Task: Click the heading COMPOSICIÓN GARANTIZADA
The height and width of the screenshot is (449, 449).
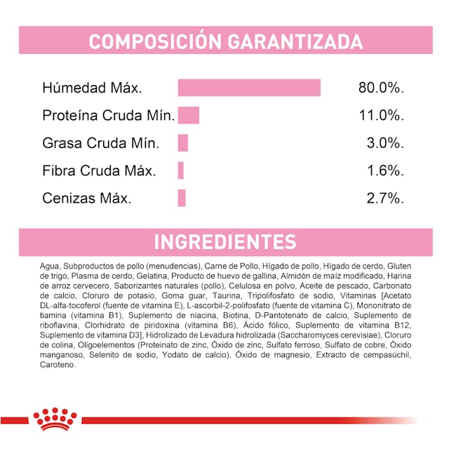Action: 224,41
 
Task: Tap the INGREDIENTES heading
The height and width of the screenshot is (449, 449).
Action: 224,242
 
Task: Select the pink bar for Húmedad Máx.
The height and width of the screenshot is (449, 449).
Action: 249,88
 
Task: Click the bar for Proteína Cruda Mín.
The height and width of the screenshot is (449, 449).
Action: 189,116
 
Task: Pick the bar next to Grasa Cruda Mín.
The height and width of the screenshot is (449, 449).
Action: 183,143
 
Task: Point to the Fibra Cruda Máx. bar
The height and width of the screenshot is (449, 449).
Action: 180,170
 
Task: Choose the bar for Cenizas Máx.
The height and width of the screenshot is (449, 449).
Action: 181,198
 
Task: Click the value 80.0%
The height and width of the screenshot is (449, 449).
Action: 382,89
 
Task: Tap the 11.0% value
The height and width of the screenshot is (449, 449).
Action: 382,116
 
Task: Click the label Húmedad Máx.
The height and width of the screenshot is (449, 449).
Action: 92,89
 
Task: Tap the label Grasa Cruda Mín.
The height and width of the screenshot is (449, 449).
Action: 101,143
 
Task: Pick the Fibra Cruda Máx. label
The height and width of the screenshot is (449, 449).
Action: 99,170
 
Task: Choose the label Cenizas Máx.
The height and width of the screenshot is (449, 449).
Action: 87,198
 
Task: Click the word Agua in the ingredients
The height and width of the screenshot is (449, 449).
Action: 50,267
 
